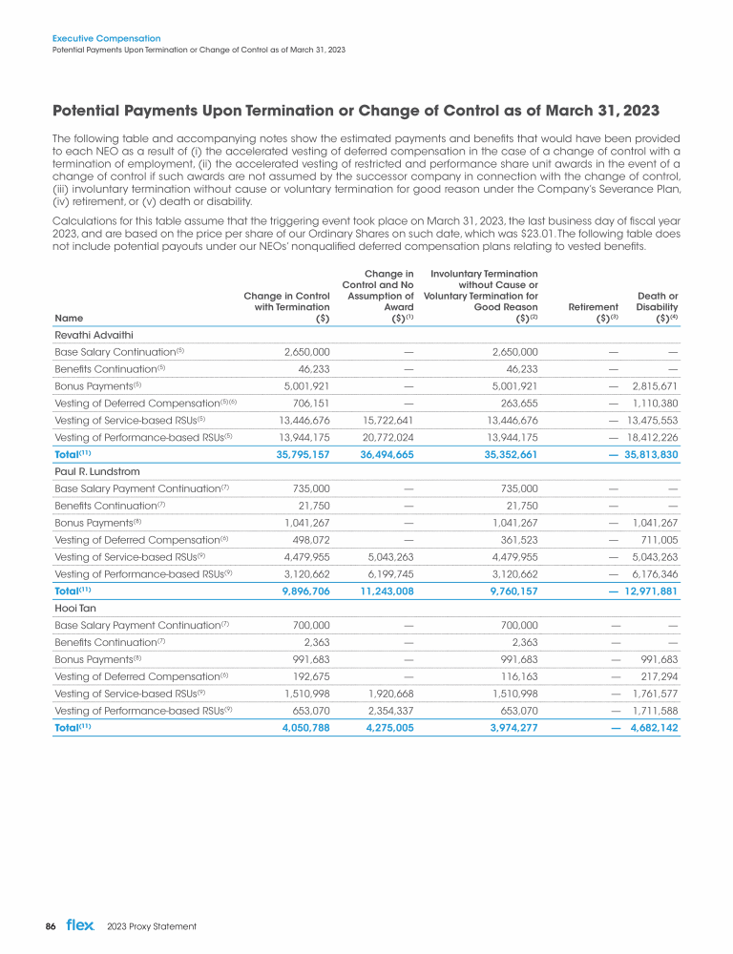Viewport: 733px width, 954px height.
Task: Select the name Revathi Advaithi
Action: pyautogui.click(x=92, y=334)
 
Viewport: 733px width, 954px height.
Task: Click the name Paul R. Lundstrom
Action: pyautogui.click(x=95, y=470)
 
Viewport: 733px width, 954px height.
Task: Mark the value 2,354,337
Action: pyautogui.click(x=387, y=710)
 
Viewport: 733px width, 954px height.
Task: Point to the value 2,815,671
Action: pyautogui.click(x=655, y=385)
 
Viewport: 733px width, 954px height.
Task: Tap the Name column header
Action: pyautogui.click(x=69, y=318)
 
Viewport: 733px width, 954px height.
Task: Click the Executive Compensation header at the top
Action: pyautogui.click(x=106, y=38)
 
